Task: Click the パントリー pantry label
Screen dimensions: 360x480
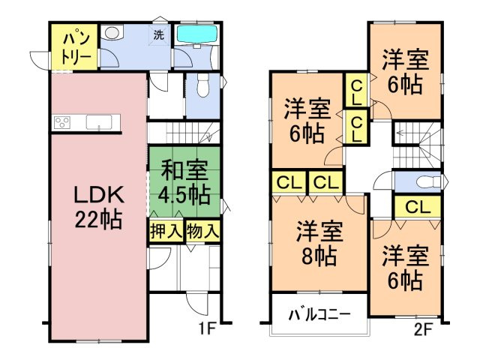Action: [74, 47]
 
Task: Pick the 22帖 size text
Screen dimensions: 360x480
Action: [97, 220]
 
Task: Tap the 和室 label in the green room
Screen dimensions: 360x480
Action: [183, 169]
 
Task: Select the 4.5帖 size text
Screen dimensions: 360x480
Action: [183, 194]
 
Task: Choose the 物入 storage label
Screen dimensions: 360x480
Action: [202, 231]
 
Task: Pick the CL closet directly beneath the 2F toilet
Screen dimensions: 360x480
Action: [418, 207]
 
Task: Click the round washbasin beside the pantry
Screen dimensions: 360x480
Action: [112, 34]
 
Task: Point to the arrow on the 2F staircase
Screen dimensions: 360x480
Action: [402, 133]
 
